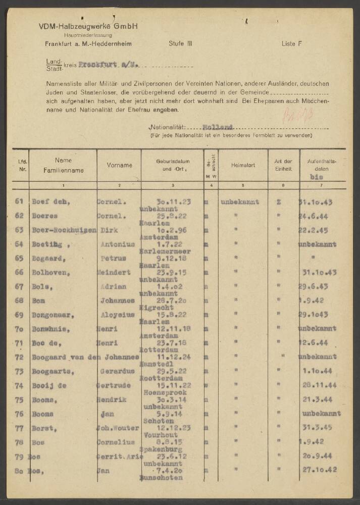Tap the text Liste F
(291, 44)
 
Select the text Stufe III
(180, 44)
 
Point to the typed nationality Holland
(217, 127)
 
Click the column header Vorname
(120, 165)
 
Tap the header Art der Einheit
(283, 165)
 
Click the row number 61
(20, 201)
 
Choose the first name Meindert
(114, 272)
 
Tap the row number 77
(20, 428)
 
